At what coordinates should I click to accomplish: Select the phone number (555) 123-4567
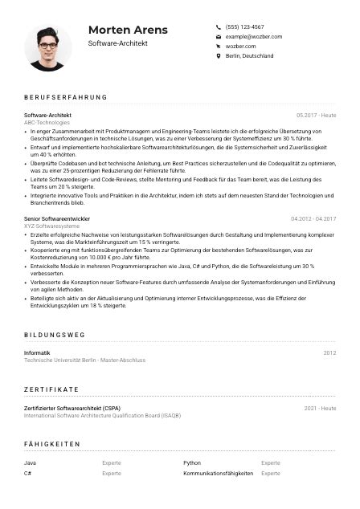[x=244, y=26]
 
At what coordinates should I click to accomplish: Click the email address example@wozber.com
[x=254, y=37]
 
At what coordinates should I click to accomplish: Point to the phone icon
[x=219, y=26]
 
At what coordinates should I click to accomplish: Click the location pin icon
[x=219, y=56]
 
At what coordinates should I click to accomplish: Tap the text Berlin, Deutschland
[x=250, y=56]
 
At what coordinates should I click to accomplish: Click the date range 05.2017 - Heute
[x=316, y=116]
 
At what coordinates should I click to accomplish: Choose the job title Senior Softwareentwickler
[x=57, y=218]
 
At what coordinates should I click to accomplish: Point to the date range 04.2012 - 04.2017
[x=313, y=218]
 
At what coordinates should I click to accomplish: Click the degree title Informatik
[x=38, y=353]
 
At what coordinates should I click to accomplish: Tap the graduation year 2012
[x=329, y=353]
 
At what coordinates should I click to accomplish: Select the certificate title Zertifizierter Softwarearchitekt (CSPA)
[x=79, y=408]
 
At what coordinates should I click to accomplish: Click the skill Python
[x=192, y=463]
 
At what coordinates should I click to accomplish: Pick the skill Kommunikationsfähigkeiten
[x=218, y=474]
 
